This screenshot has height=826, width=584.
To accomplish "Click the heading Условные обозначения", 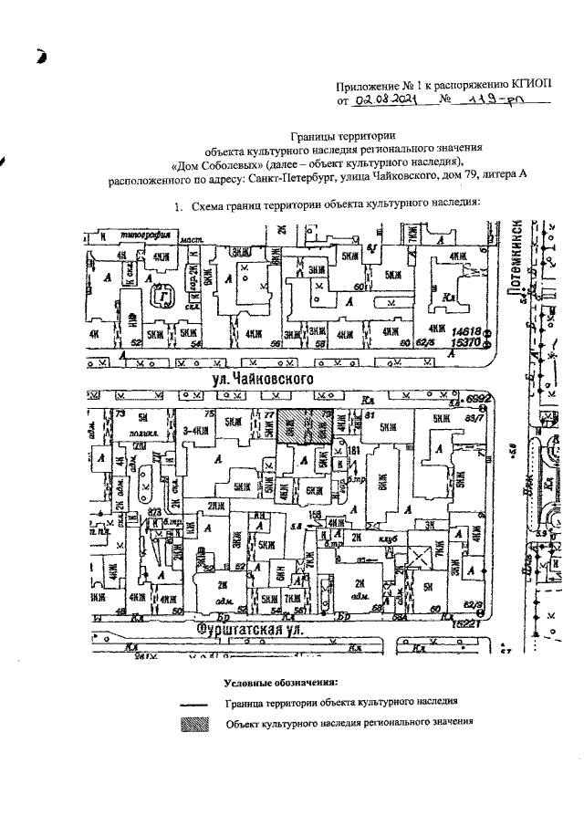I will point(281,683).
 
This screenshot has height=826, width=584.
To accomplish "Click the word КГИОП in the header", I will point(529,82).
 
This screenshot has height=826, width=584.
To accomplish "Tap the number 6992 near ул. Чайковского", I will point(480,399).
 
